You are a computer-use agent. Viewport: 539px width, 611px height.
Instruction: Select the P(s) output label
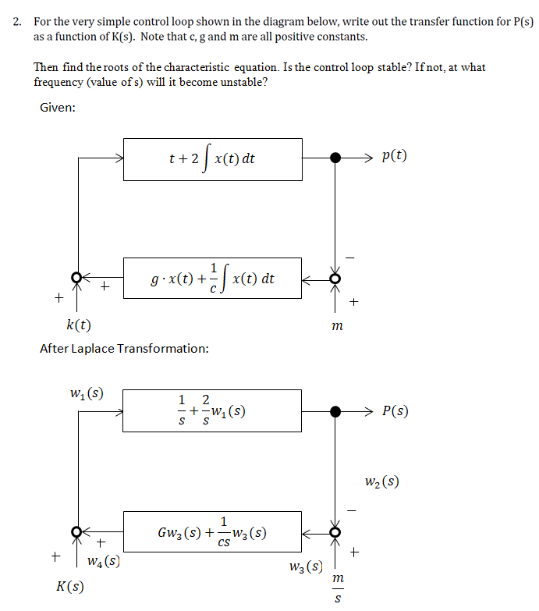[396, 411]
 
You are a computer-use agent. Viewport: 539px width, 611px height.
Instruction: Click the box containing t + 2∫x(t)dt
[212, 159]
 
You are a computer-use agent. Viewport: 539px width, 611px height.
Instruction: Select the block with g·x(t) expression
[212, 278]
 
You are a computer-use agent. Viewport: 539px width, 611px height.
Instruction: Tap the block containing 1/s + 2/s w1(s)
[212, 410]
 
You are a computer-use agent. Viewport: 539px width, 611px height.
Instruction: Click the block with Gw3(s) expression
[212, 532]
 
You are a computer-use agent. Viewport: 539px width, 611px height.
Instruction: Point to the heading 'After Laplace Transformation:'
[124, 348]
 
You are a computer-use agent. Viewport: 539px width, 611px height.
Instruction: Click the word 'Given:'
[58, 107]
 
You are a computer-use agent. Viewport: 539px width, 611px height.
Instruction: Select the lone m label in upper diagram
[336, 325]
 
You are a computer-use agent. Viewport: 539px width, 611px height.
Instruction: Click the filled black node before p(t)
[335, 158]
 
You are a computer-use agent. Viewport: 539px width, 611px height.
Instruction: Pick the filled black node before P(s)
[335, 411]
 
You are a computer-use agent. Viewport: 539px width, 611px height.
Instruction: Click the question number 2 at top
[17, 21]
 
